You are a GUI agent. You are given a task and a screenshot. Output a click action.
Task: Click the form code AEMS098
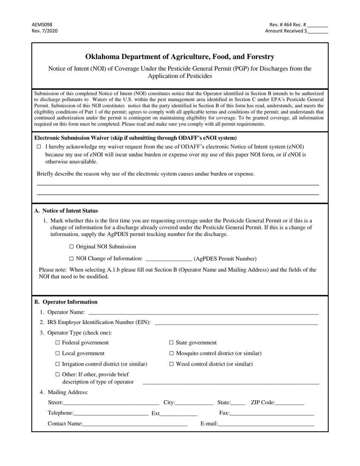click(x=42, y=24)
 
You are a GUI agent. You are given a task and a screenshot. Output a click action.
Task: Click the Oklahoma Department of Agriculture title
click(x=180, y=57)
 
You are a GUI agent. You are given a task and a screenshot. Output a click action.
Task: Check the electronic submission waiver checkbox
click(x=39, y=147)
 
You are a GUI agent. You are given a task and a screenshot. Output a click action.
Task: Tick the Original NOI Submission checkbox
click(x=72, y=247)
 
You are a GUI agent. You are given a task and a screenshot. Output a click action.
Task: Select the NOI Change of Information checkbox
click(x=72, y=259)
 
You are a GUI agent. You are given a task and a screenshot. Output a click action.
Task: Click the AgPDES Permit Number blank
click(x=169, y=259)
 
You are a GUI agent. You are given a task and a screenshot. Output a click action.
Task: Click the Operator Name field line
click(x=203, y=313)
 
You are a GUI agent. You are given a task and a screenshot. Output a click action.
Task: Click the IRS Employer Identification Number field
click(x=236, y=323)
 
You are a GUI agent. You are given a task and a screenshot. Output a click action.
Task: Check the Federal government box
click(x=58, y=342)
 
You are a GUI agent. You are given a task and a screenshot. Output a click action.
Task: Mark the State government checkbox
click(x=171, y=342)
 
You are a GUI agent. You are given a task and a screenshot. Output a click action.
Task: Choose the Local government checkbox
click(x=58, y=353)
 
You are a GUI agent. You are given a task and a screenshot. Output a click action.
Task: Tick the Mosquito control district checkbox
click(x=171, y=353)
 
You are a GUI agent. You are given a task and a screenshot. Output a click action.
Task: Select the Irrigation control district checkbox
click(x=58, y=364)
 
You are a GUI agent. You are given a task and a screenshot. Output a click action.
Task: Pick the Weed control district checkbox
click(x=171, y=364)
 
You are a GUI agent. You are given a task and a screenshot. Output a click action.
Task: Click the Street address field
click(x=111, y=403)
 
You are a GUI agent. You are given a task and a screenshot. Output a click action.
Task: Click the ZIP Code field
click(x=290, y=403)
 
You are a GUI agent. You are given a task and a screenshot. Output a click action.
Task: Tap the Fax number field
click(x=272, y=414)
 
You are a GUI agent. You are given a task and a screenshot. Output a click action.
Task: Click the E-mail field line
click(x=266, y=424)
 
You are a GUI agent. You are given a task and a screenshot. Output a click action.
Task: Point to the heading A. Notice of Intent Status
click(x=66, y=211)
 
